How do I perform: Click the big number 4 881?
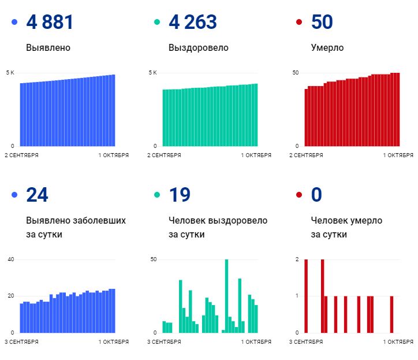50,23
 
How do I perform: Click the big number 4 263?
193,23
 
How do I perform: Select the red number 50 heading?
322,23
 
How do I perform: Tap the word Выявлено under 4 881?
48,48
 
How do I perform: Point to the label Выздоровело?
198,48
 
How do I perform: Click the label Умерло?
327,48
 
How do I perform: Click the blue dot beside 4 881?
14,23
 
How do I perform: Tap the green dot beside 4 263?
157,23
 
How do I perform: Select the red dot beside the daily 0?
299,195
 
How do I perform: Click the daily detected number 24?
37,195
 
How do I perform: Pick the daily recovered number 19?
179,195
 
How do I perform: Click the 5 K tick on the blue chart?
10,73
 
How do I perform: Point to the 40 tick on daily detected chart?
10,259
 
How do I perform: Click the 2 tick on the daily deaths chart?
297,259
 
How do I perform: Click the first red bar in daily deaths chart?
306,296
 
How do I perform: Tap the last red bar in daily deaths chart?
391,314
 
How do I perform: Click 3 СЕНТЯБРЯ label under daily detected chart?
23,342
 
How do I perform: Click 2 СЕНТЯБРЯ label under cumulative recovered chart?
165,155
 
